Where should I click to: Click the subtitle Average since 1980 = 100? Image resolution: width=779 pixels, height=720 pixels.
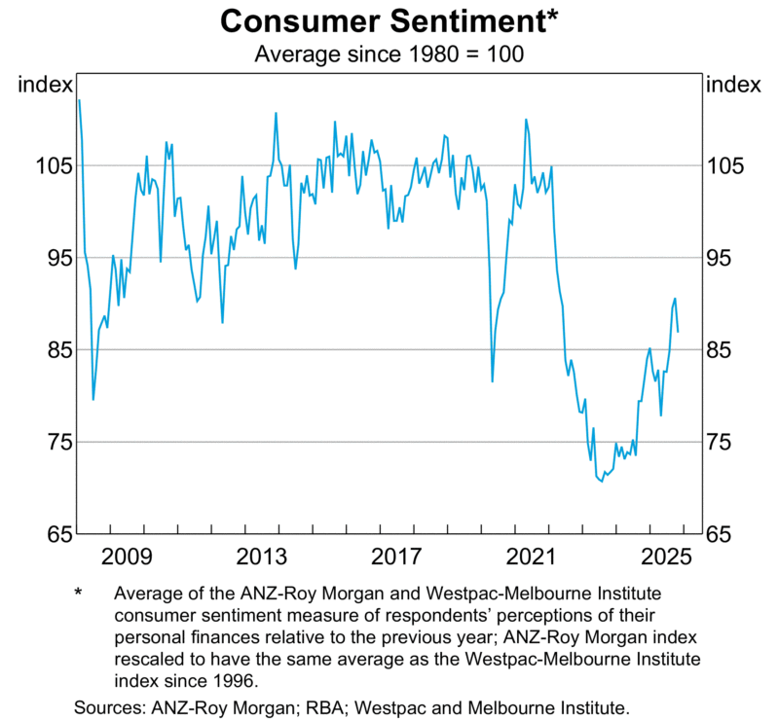click(389, 54)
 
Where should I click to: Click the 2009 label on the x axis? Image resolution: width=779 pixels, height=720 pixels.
click(128, 558)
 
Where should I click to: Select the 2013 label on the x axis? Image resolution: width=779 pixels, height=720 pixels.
click(263, 558)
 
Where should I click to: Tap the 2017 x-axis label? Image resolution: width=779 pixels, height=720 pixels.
click(397, 558)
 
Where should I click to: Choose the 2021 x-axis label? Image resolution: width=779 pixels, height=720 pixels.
click(533, 558)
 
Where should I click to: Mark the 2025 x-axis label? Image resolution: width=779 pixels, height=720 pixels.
click(667, 558)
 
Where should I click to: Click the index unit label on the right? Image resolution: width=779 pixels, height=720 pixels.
click(732, 85)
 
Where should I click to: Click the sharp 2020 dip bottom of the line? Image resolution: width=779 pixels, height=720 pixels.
click(493, 381)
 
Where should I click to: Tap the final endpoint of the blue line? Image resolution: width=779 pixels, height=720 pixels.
click(678, 332)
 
